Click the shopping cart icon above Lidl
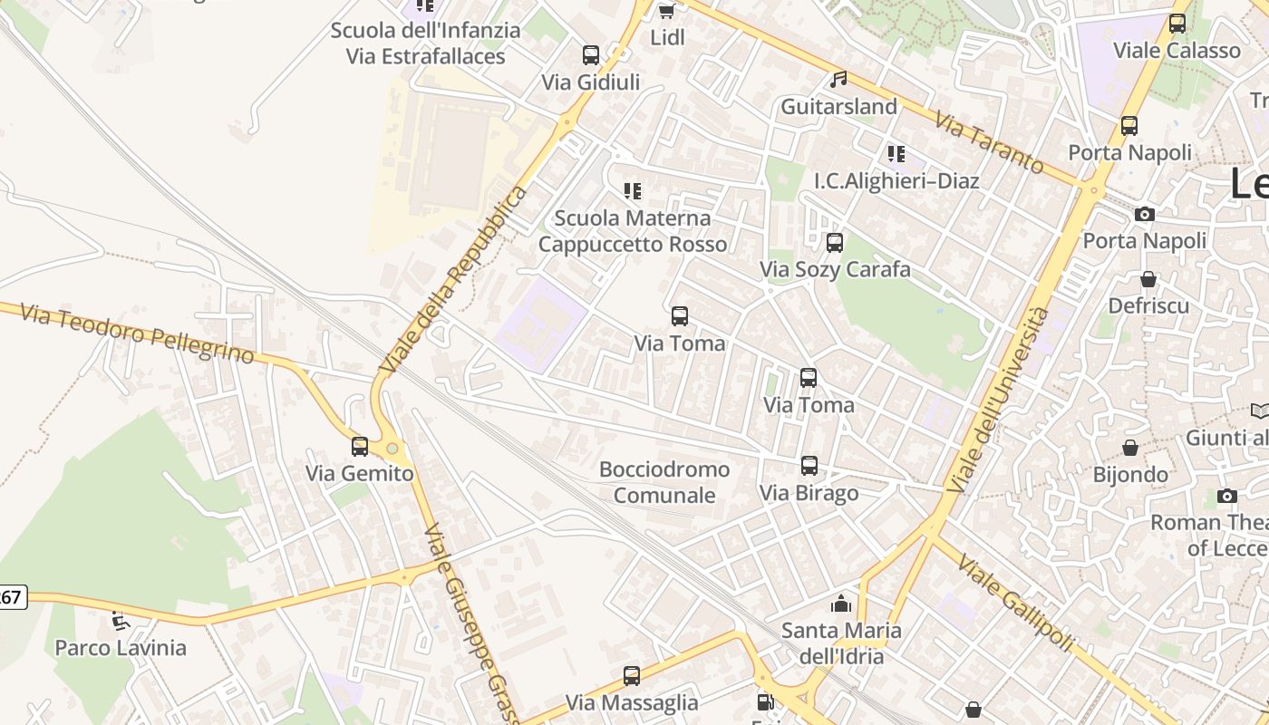tap(666, 11)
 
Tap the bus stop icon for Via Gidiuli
tap(591, 55)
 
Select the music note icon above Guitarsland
tap(839, 80)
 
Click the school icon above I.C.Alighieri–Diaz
tap(896, 154)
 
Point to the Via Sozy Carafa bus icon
tap(835, 243)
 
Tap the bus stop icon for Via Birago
tap(809, 466)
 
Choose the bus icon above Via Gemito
tap(360, 446)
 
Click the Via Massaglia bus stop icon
tap(632, 676)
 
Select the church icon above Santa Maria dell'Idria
tap(841, 604)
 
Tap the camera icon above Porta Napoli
tap(1145, 215)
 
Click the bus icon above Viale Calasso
tap(1177, 24)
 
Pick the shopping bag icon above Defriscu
tap(1148, 279)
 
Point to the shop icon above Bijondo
tap(1130, 448)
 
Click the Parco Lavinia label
tap(121, 648)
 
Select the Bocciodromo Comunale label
tap(664, 482)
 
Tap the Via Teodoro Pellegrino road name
tap(137, 333)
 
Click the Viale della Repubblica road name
tap(453, 281)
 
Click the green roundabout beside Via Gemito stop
tap(392, 448)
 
